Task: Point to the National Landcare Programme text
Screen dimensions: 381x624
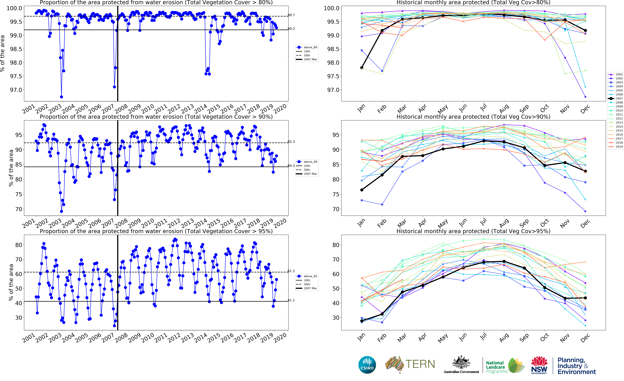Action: (496, 367)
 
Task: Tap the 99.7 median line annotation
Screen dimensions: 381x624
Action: (291, 15)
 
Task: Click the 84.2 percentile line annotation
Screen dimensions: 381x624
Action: (291, 166)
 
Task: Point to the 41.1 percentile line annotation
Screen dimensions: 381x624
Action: (291, 300)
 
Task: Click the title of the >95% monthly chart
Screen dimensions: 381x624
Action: (473, 231)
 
